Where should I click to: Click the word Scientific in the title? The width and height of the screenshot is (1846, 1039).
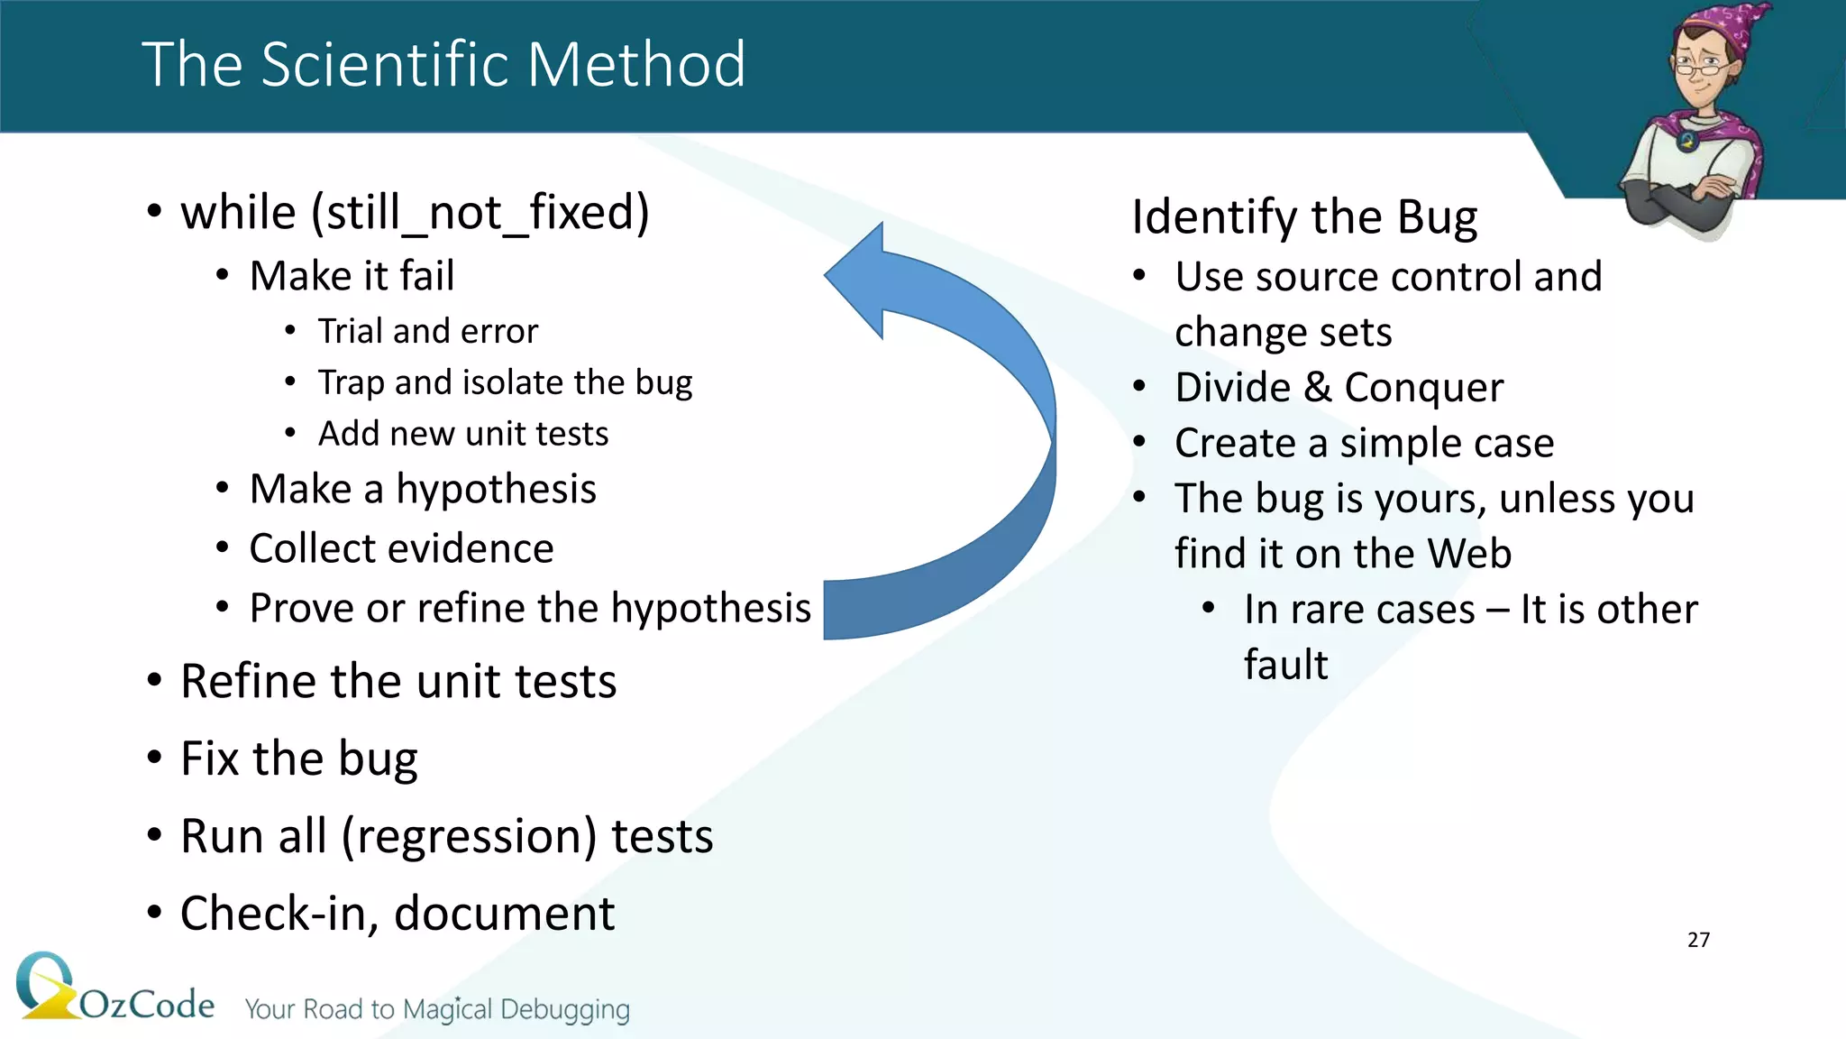[384, 65]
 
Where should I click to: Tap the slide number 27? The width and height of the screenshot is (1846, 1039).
[1698, 940]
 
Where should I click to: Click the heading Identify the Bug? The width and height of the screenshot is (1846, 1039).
[1303, 217]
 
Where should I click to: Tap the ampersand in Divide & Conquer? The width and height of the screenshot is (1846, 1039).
[1317, 388]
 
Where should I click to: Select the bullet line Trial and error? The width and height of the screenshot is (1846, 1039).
[427, 332]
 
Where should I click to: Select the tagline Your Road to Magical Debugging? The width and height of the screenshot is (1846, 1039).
[437, 1009]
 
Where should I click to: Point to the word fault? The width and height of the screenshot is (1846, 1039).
[1285, 666]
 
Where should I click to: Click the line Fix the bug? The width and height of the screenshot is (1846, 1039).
[298, 759]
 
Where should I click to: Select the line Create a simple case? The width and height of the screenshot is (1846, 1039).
[1364, 444]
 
